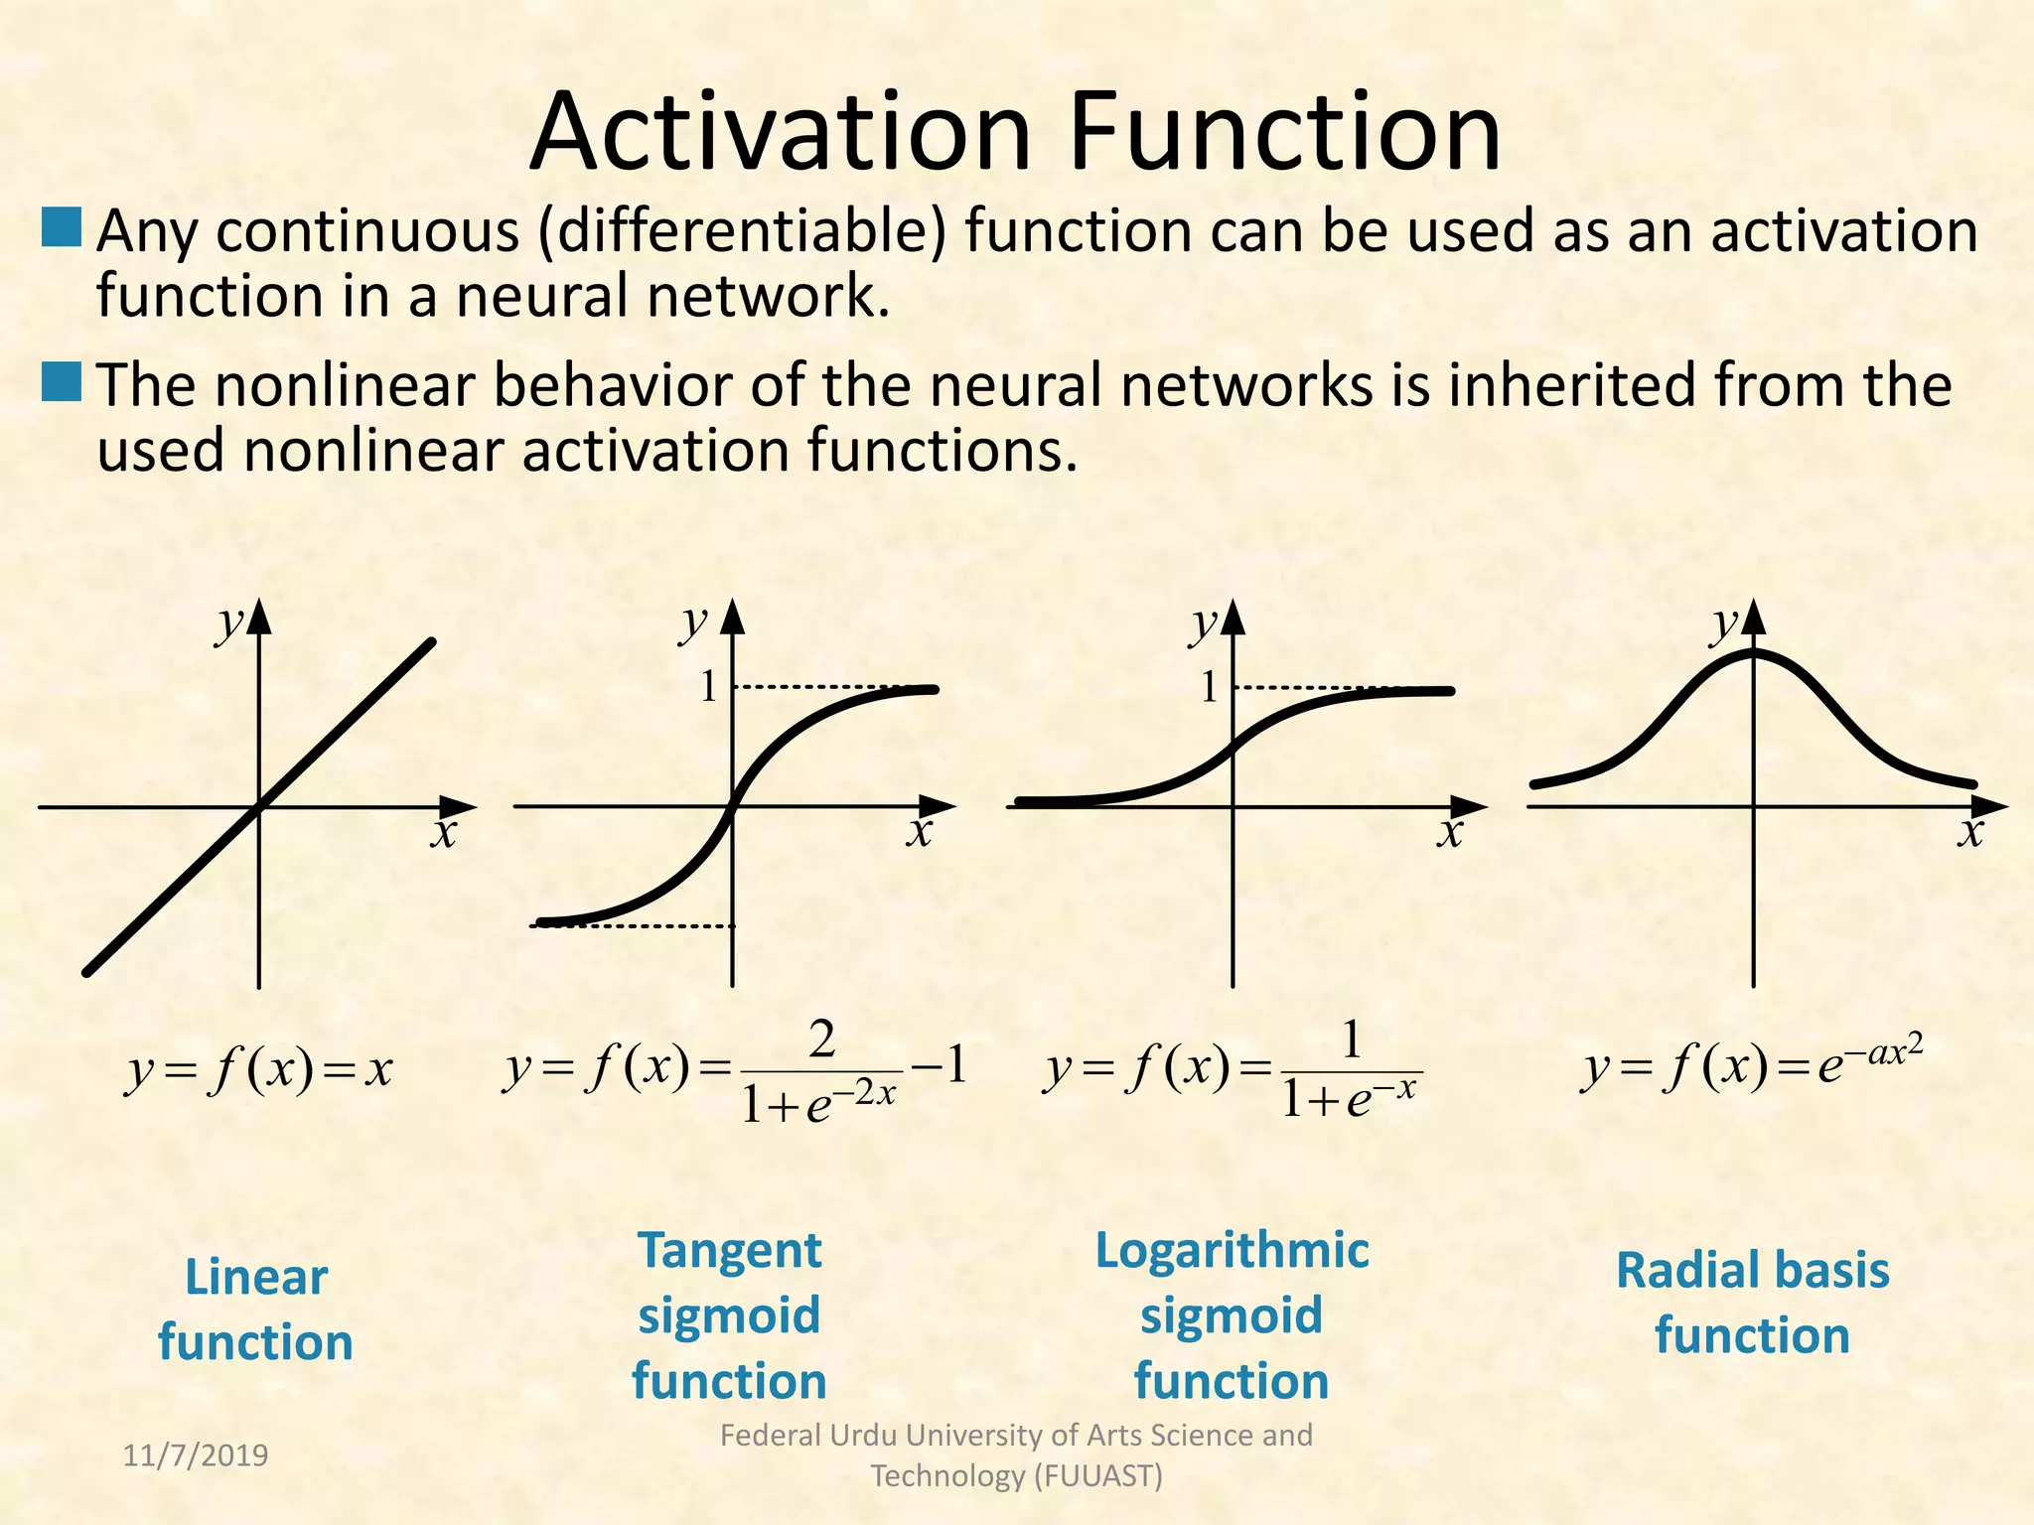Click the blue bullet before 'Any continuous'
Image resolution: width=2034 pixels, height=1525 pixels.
click(x=62, y=227)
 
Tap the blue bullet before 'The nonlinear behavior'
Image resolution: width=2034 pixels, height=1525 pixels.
click(x=62, y=382)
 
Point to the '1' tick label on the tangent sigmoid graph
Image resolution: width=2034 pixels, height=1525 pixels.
click(x=708, y=687)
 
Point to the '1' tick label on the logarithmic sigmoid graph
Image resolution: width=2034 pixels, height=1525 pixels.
click(x=1209, y=687)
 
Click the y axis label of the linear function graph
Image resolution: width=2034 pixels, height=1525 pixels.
click(x=230, y=624)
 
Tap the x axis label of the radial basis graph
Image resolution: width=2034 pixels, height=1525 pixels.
click(x=1970, y=832)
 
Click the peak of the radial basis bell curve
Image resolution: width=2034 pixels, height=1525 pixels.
click(x=1754, y=652)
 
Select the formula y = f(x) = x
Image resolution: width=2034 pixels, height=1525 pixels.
click(x=259, y=1070)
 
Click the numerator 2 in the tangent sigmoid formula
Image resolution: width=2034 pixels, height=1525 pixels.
click(x=822, y=1040)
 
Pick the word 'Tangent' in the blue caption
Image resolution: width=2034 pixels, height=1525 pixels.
click(x=730, y=1250)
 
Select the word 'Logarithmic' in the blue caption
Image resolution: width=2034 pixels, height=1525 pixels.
click(x=1232, y=1250)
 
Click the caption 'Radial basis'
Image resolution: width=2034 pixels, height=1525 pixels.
click(x=1752, y=1271)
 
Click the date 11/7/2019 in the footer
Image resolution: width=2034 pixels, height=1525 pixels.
click(x=196, y=1456)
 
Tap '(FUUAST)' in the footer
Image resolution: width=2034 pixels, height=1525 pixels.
click(x=1097, y=1476)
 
